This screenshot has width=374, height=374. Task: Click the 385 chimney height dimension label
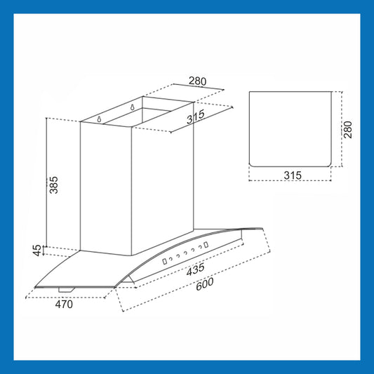point(53,185)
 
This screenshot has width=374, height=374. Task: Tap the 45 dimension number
point(37,251)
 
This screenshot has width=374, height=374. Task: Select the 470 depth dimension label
point(64,305)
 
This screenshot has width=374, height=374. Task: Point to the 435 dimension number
point(195,269)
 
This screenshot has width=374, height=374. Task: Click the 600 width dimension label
point(205,284)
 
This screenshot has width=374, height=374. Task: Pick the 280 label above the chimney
point(197,81)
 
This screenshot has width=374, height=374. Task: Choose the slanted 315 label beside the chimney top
point(196,116)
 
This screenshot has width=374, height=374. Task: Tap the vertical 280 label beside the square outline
point(348,130)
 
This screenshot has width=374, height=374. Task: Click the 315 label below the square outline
point(293,175)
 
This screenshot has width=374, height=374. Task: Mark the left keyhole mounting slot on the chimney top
point(99,119)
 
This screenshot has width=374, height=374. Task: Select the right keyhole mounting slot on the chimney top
point(132,107)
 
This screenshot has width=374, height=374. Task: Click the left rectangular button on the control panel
point(165,262)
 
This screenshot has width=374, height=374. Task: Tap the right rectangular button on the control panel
point(206,245)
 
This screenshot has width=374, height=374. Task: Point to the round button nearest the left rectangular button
point(171,259)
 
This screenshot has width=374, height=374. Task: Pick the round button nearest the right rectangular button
point(200,247)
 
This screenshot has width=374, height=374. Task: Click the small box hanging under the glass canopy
point(67,290)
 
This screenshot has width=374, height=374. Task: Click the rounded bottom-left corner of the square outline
point(251,165)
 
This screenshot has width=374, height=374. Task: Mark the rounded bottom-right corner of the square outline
point(329,165)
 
